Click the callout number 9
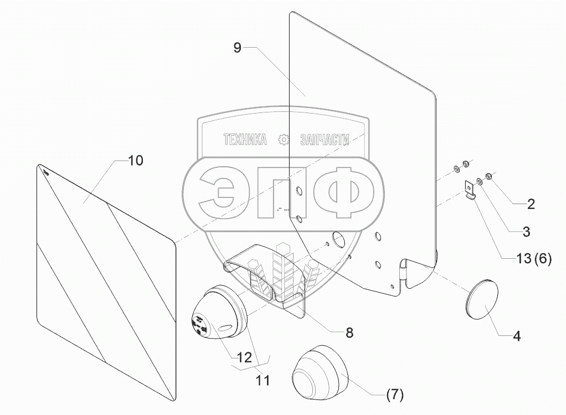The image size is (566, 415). pos(237,48)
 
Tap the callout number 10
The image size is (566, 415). pos(136,161)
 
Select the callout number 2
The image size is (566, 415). pos(531,204)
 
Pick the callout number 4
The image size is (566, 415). pos(516,335)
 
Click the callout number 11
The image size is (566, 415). pos(263,381)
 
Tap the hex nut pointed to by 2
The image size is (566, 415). pos(490,177)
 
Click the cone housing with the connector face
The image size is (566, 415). pos(219,313)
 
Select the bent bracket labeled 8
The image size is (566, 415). pos(266,277)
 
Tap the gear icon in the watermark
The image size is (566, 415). pos(284,140)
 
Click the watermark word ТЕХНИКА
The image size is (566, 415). pos(245,140)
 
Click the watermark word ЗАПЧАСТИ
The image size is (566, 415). pos(324,140)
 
